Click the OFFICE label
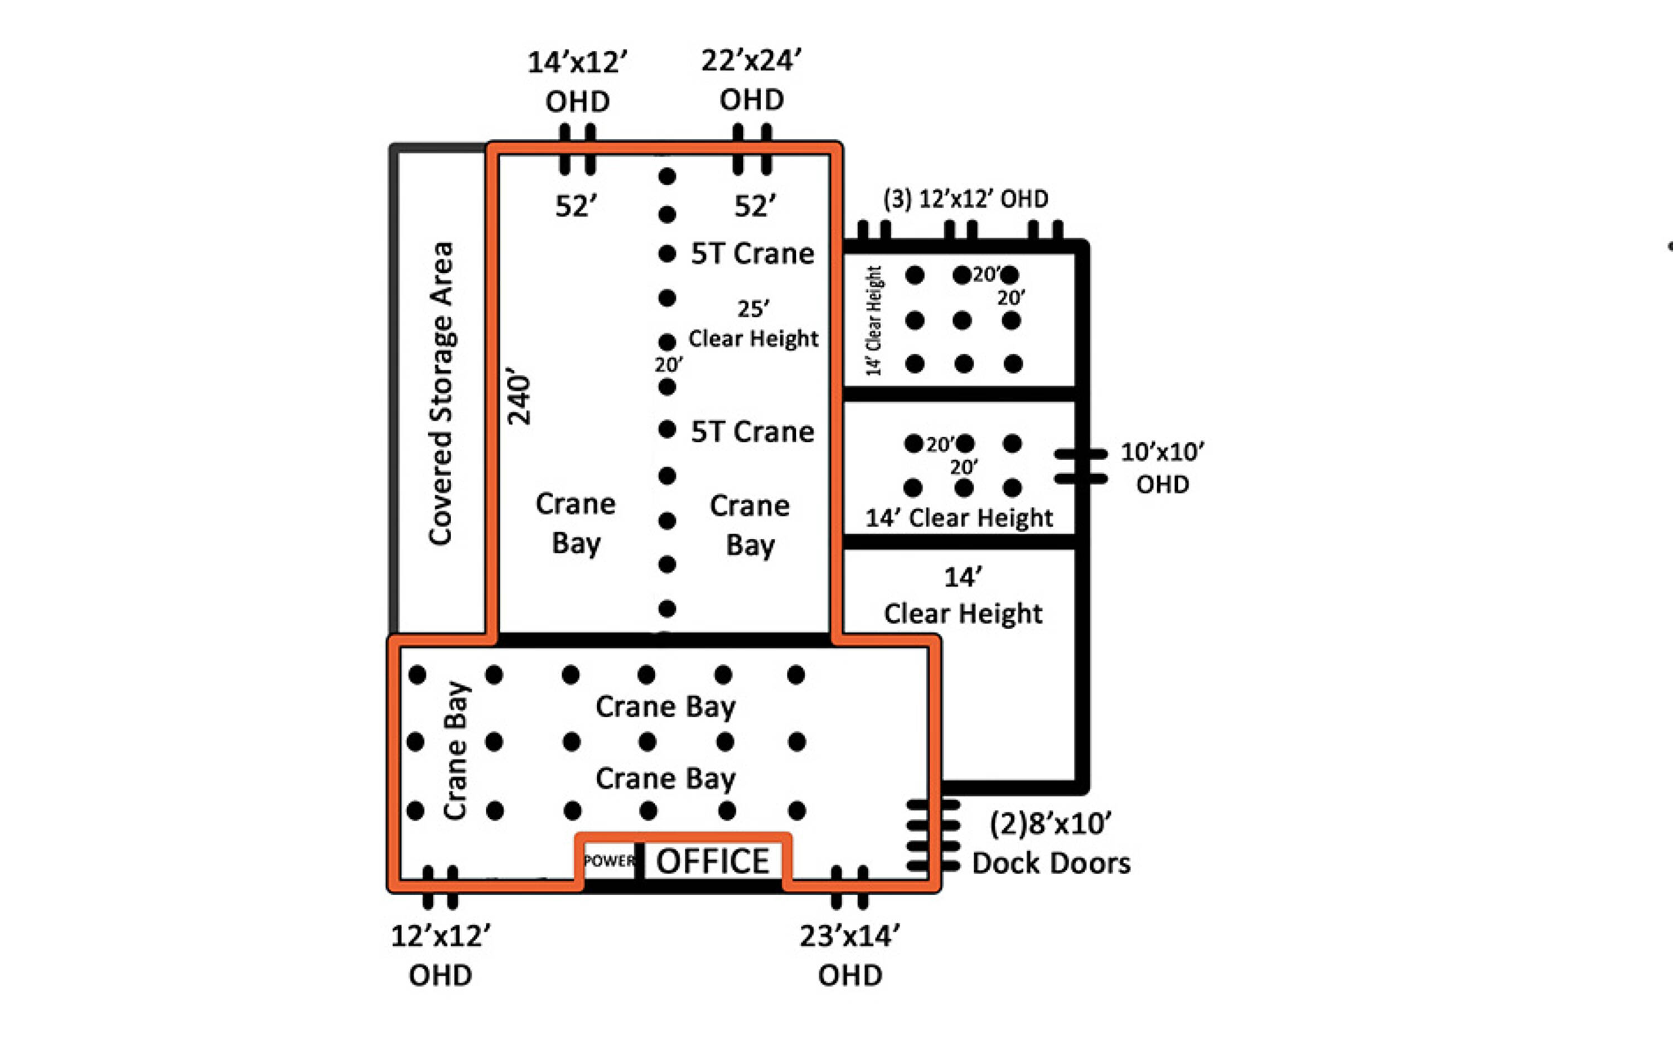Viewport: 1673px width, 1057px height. (x=712, y=861)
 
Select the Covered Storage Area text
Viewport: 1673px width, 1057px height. (x=441, y=393)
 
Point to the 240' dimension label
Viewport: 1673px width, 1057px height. (x=519, y=395)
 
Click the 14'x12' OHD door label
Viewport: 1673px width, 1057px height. (x=577, y=82)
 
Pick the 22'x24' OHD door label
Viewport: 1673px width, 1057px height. (x=752, y=80)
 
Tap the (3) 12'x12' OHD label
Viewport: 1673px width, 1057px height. (x=965, y=200)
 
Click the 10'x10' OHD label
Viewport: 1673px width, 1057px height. (x=1162, y=467)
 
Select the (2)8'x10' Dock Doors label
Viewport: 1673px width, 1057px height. (x=1051, y=843)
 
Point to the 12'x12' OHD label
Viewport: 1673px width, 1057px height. (x=441, y=955)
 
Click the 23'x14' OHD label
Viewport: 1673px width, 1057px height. (x=850, y=955)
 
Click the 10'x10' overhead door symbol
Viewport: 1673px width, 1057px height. (x=1080, y=466)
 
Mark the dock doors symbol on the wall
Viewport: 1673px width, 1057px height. (x=934, y=836)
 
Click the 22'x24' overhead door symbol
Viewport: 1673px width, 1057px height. (x=752, y=149)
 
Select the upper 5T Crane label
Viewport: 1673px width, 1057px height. (x=752, y=254)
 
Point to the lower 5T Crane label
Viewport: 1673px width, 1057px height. (x=752, y=432)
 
